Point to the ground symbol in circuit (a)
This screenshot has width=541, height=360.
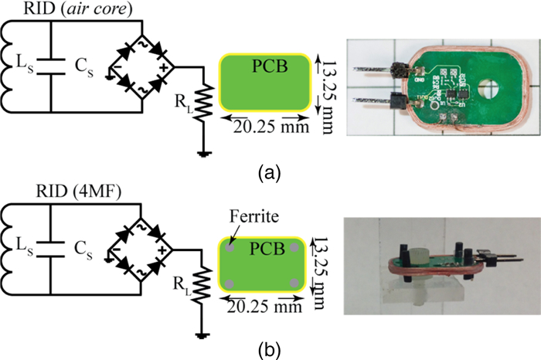pos(202,152)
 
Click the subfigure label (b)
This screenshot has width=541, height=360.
pos(265,347)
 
